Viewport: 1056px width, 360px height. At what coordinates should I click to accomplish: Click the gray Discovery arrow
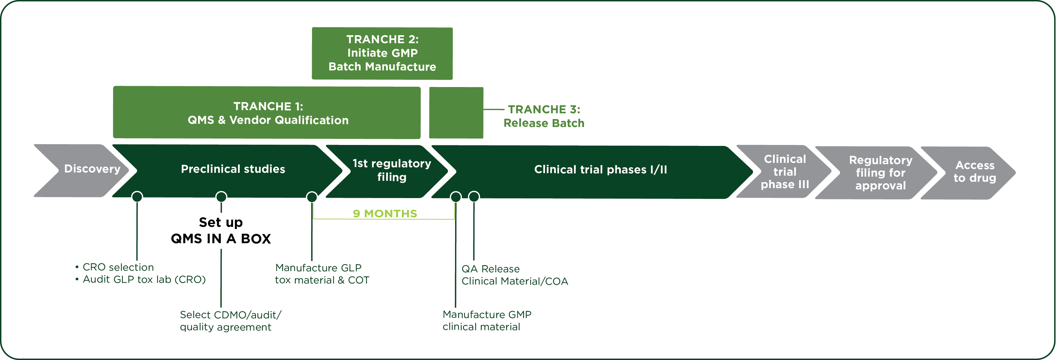[x=82, y=170]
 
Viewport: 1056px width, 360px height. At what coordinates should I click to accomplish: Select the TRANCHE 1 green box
[x=267, y=112]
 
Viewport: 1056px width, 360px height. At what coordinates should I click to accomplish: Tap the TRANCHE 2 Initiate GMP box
[x=382, y=53]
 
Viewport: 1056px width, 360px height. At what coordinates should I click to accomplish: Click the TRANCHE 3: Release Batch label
[x=544, y=116]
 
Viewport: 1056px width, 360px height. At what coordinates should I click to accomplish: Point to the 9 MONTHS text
[x=385, y=214]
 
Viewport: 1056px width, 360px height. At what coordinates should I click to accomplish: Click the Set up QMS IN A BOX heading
[x=221, y=230]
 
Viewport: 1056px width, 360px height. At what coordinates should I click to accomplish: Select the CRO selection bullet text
[x=115, y=267]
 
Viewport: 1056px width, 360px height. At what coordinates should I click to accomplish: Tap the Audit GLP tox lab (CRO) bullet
[x=140, y=280]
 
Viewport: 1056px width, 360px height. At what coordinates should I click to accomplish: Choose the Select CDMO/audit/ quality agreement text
[x=231, y=321]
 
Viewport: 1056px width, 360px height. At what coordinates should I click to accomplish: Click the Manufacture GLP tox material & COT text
[x=322, y=274]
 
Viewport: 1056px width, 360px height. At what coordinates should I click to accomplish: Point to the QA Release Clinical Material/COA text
[x=515, y=275]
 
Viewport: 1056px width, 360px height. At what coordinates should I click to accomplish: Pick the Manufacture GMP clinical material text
[x=487, y=321]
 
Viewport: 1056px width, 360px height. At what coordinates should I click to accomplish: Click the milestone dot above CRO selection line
[x=137, y=197]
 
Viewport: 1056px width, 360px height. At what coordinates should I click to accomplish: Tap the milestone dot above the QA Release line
[x=474, y=197]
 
